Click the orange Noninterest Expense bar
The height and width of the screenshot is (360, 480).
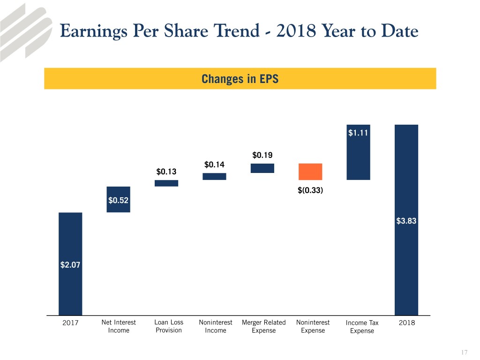pos(310,172)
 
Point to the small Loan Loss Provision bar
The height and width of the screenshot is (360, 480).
pos(166,183)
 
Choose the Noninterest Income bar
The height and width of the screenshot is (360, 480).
pos(214,177)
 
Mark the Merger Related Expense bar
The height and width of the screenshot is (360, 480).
pos(262,168)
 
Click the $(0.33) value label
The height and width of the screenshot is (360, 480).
pos(310,190)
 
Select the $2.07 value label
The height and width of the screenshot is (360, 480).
pos(70,265)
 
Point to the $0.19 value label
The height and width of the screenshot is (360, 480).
pos(262,155)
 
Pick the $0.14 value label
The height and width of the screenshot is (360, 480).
pos(214,165)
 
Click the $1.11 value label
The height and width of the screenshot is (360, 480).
pos(358,133)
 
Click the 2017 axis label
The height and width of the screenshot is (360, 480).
pos(70,323)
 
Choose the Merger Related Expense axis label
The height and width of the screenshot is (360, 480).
pos(263,326)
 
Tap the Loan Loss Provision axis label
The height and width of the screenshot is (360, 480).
pos(168,326)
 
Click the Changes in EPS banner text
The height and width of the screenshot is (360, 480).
pos(240,79)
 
